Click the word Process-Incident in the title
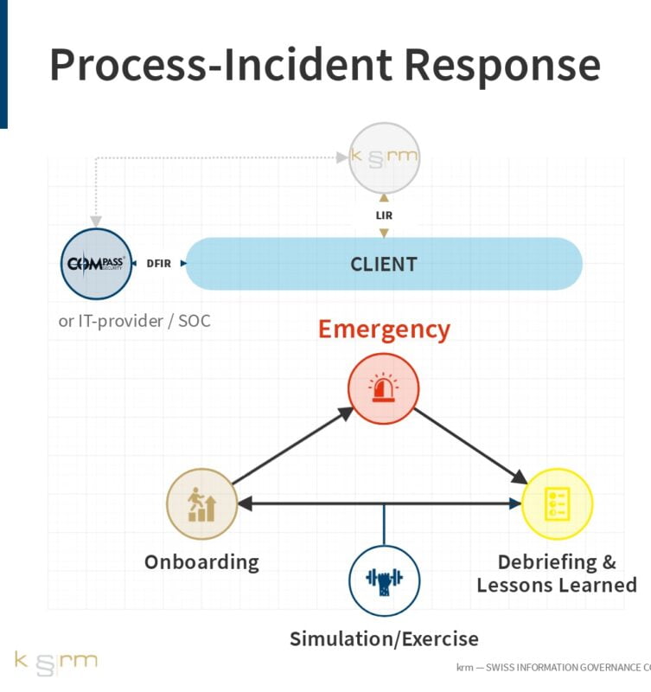click(220, 66)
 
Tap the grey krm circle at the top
click(384, 157)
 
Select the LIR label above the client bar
click(384, 214)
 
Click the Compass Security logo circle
click(97, 263)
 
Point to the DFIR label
click(158, 263)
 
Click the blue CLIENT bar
click(384, 264)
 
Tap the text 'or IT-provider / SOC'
click(134, 321)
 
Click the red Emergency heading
click(384, 330)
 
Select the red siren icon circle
click(384, 389)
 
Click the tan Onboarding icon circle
click(201, 503)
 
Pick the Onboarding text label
click(201, 561)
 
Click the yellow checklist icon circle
click(558, 503)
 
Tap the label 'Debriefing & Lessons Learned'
click(557, 573)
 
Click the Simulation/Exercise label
click(384, 639)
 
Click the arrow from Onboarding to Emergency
click(292, 446)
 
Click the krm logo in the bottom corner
click(55, 663)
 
